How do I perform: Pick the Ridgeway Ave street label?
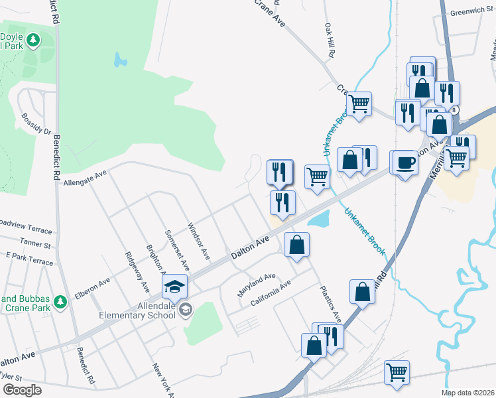pos(137,271)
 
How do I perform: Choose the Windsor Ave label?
pos(199,240)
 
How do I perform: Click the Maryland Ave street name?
pos(257,285)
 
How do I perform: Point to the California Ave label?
pos(271,293)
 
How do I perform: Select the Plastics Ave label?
pos(330,303)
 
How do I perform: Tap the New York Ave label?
pos(162,379)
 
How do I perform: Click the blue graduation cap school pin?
pos(175,287)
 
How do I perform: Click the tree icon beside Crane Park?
pos(61,302)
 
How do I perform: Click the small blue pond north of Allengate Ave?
pos(119,60)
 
